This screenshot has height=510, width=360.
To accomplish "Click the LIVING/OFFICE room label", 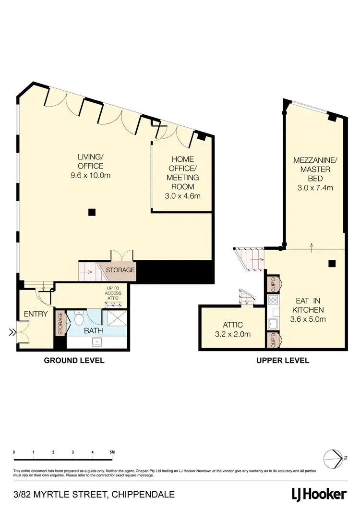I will click(90, 161).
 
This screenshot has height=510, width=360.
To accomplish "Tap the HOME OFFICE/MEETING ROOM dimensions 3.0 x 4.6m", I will click(182, 195).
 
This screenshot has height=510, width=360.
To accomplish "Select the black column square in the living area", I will click(92, 212).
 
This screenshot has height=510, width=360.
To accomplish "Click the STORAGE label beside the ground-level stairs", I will click(120, 270).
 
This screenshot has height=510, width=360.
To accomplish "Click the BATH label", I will click(94, 331).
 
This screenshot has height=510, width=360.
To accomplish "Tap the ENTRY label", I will click(36, 314).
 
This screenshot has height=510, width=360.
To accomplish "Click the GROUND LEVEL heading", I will click(74, 360).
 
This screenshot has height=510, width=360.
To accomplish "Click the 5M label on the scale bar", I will click(112, 452).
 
